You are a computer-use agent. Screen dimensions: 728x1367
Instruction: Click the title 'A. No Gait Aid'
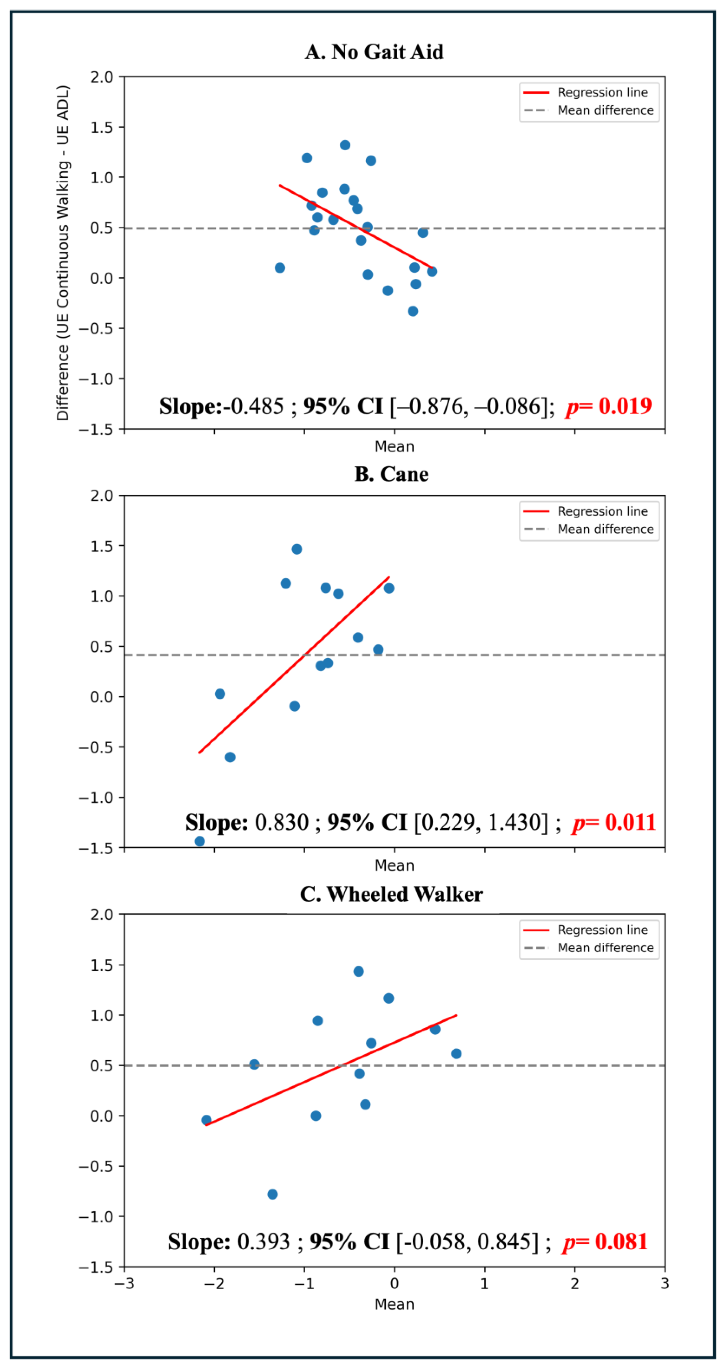[x=374, y=52]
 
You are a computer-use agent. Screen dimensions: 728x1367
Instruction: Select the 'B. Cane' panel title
[x=391, y=474]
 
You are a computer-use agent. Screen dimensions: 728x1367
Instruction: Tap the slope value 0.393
[x=264, y=1242]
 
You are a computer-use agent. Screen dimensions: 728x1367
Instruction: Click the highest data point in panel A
[x=345, y=145]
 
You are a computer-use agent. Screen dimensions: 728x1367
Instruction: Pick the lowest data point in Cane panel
[x=199, y=841]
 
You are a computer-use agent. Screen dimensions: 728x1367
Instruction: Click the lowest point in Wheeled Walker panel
[x=272, y=1194]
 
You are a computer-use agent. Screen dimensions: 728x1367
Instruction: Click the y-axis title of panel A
[x=63, y=253]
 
